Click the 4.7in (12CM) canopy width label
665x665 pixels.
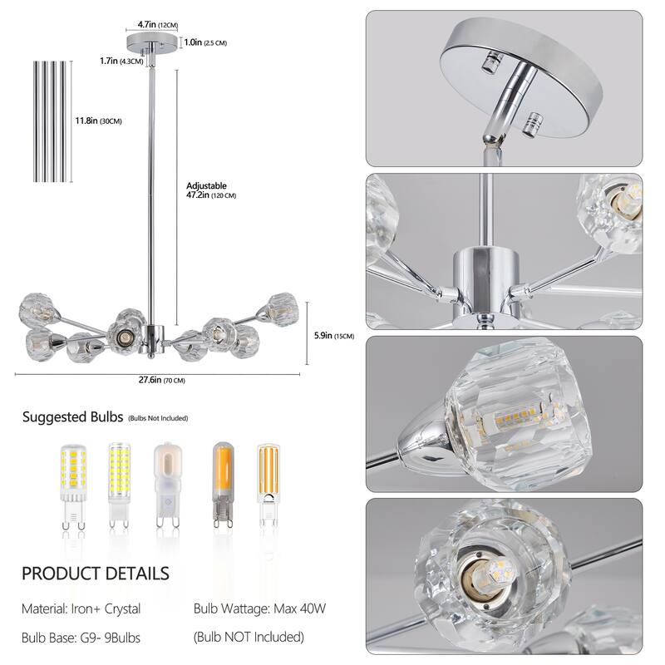[157, 26]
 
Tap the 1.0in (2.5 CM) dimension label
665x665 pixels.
[203, 42]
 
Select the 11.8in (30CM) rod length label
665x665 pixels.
[98, 121]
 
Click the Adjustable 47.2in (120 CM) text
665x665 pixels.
[211, 191]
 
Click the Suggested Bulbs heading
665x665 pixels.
[73, 417]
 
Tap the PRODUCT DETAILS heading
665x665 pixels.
[95, 574]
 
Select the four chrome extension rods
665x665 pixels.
[53, 121]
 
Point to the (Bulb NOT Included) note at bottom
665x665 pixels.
[249, 638]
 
